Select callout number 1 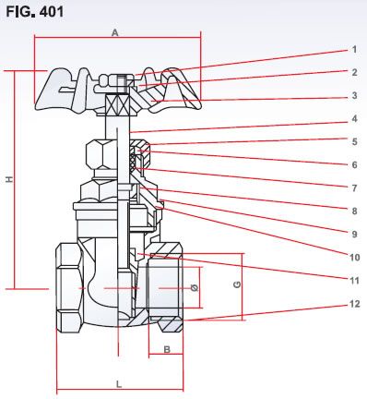pos(353,49)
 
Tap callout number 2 pos(353,72)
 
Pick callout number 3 pos(353,95)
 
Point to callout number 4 pos(353,118)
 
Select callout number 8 pos(353,211)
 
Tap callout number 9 pos(353,234)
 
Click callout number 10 pos(353,257)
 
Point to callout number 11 pos(353,280)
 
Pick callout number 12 pos(353,304)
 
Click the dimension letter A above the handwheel pos(115,30)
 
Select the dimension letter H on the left pos(9,180)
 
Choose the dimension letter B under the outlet pos(166,349)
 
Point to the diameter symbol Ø pos(194,288)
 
